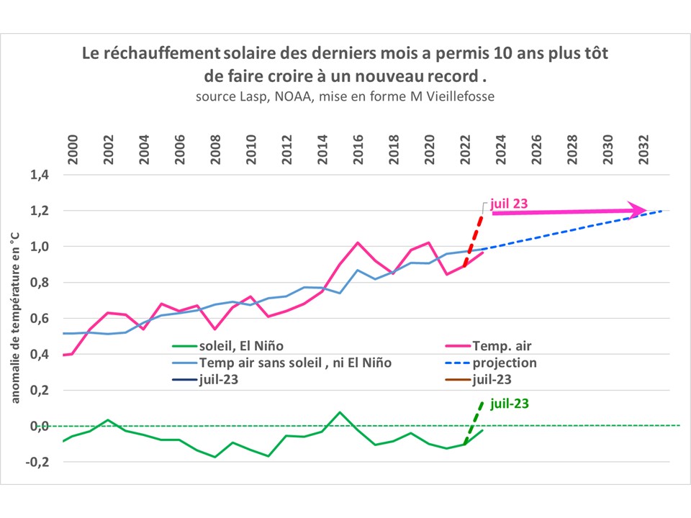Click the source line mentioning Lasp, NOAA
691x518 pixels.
coord(344,96)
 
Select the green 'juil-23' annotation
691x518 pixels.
coord(509,404)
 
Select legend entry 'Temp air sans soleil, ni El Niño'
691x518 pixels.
coord(294,363)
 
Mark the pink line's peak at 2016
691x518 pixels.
coord(358,242)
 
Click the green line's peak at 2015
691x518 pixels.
coord(340,412)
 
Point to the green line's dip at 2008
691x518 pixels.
coord(215,457)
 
